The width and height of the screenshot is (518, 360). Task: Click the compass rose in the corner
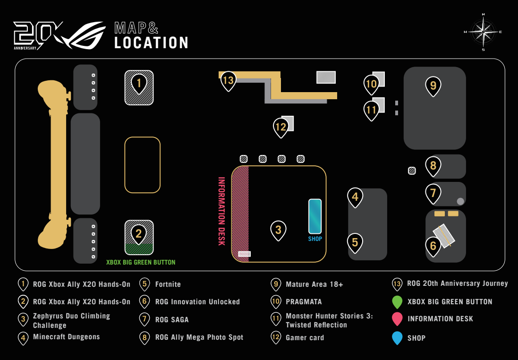[x=484, y=32]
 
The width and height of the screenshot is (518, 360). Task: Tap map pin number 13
[x=228, y=81]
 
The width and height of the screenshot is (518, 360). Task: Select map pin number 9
[x=433, y=86]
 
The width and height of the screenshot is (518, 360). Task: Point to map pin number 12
[x=281, y=128]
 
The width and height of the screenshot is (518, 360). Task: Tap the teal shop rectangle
[x=315, y=216]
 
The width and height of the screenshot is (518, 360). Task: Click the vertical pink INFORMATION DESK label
[x=221, y=211]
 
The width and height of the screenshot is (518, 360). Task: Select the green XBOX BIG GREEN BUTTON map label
[x=141, y=263]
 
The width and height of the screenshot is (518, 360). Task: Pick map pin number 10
[x=371, y=85]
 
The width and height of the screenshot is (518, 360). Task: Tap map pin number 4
[x=355, y=197]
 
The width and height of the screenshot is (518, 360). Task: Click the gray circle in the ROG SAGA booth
[x=460, y=201]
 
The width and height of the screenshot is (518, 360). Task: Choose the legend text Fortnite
[x=168, y=284]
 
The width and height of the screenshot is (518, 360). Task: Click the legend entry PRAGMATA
[x=304, y=302]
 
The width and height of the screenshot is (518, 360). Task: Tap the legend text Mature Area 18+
[x=314, y=284]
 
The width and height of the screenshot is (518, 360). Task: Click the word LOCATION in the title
[x=151, y=43]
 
